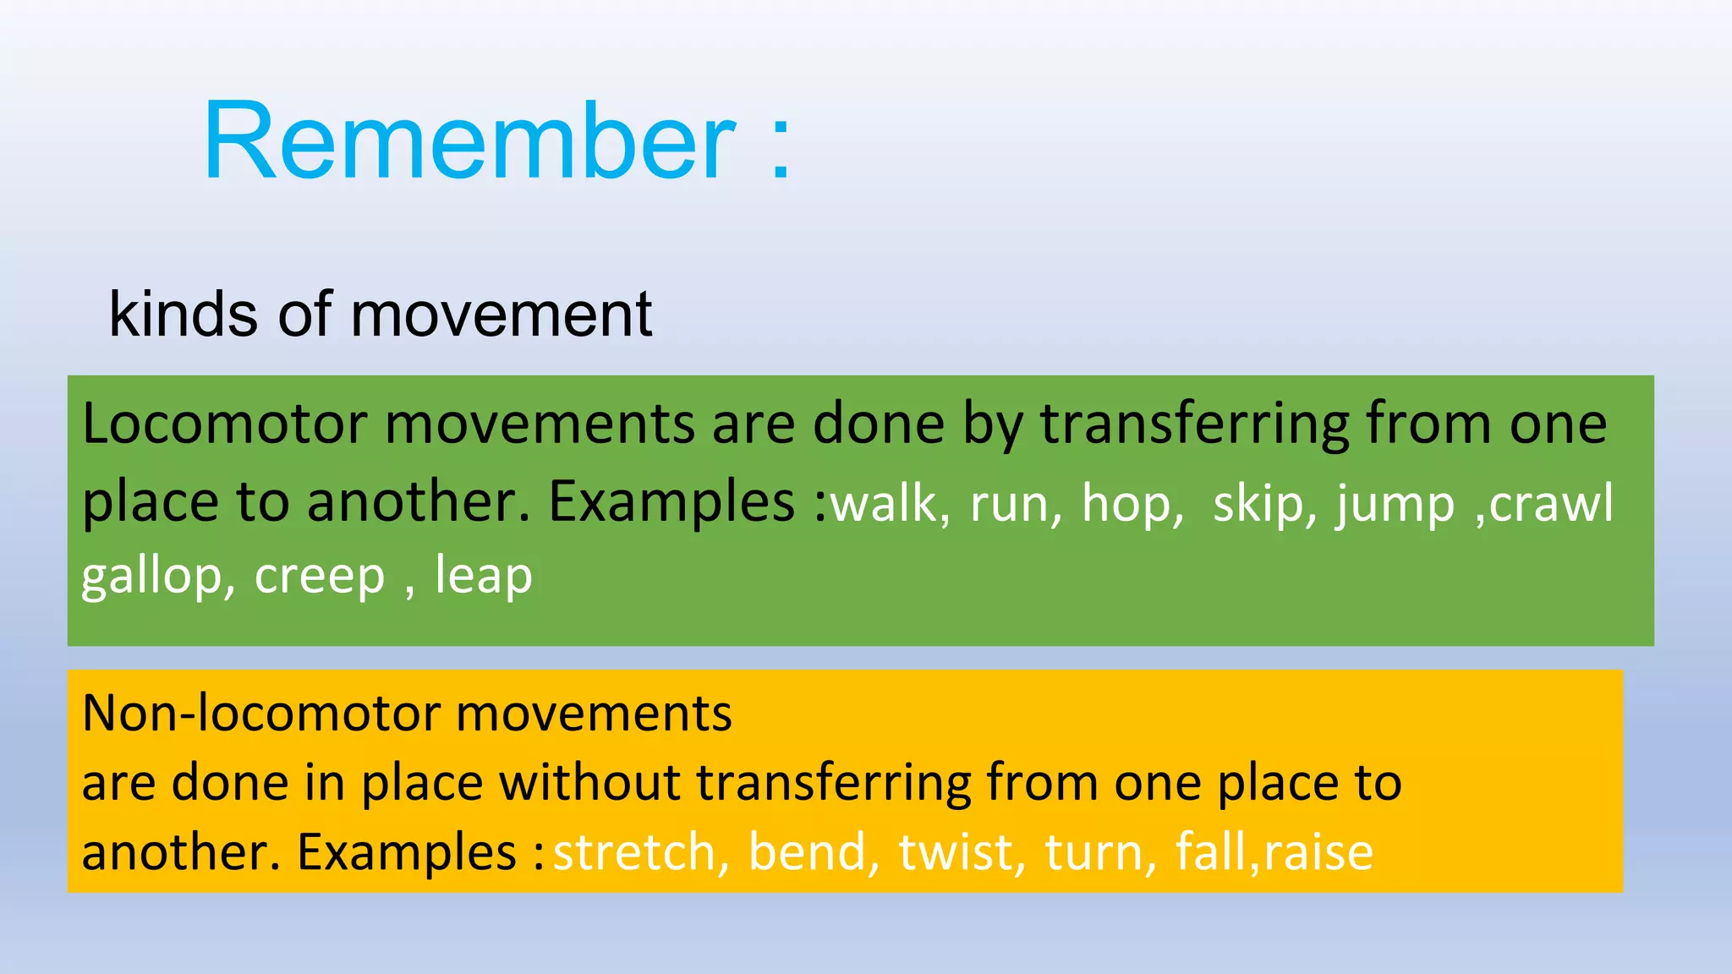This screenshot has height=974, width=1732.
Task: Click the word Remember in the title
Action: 469,141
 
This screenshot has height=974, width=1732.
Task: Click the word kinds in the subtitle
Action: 183,315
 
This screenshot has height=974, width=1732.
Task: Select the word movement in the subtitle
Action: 501,315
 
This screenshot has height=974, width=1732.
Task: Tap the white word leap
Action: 484,577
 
